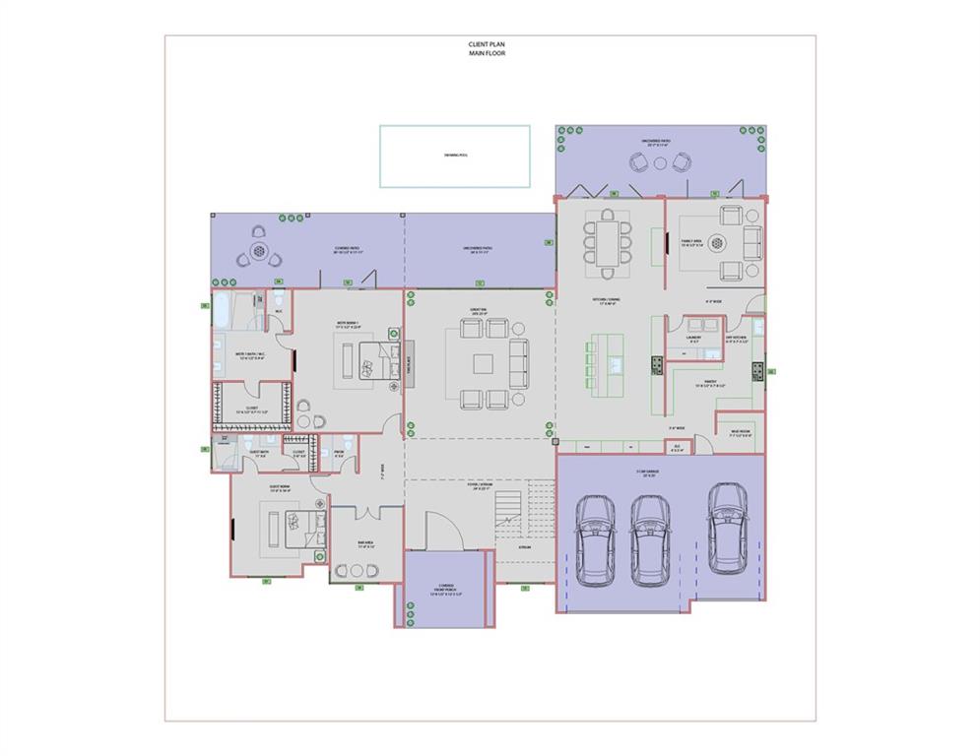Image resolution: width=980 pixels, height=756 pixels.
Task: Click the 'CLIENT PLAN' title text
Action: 487,44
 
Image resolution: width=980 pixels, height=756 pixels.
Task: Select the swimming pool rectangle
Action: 454,156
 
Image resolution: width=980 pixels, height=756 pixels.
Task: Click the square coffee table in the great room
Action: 482,363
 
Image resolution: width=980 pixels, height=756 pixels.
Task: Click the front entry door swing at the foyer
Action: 441,532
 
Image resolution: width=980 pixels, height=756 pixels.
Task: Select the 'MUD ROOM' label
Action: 740,432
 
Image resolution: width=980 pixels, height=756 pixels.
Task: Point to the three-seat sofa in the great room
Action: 518,363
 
